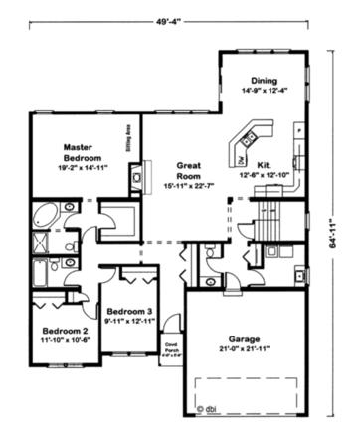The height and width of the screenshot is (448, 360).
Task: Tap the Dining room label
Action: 264,81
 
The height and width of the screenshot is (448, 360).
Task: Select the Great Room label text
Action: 190,169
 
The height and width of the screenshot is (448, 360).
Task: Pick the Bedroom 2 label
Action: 65,329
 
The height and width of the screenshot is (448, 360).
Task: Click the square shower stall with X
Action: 43,244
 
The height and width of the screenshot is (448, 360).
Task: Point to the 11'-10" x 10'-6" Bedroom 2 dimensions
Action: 65,340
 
